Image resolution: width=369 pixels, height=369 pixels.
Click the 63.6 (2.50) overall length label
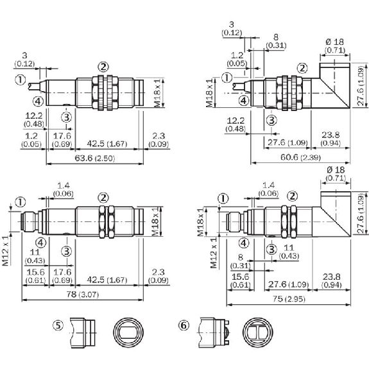(94, 158)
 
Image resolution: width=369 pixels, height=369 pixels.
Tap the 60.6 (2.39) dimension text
(300, 157)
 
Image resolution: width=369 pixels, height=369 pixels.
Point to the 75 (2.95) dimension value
(289, 299)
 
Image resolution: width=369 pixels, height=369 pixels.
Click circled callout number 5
(58, 326)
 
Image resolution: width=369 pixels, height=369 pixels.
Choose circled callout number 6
(184, 326)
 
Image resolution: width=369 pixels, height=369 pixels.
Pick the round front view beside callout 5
(128, 332)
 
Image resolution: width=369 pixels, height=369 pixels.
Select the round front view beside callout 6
(258, 332)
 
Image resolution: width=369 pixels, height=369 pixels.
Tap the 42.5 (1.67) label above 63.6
(107, 144)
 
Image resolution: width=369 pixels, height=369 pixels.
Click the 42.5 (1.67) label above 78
(107, 280)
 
